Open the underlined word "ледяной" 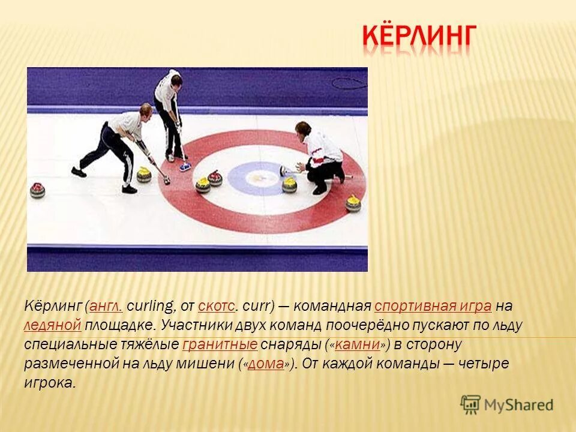[53, 326]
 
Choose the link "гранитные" [220, 345]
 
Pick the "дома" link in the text [265, 364]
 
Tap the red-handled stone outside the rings [38, 190]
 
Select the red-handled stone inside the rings [215, 178]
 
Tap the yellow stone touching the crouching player [290, 184]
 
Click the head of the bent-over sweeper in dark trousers [145, 111]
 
